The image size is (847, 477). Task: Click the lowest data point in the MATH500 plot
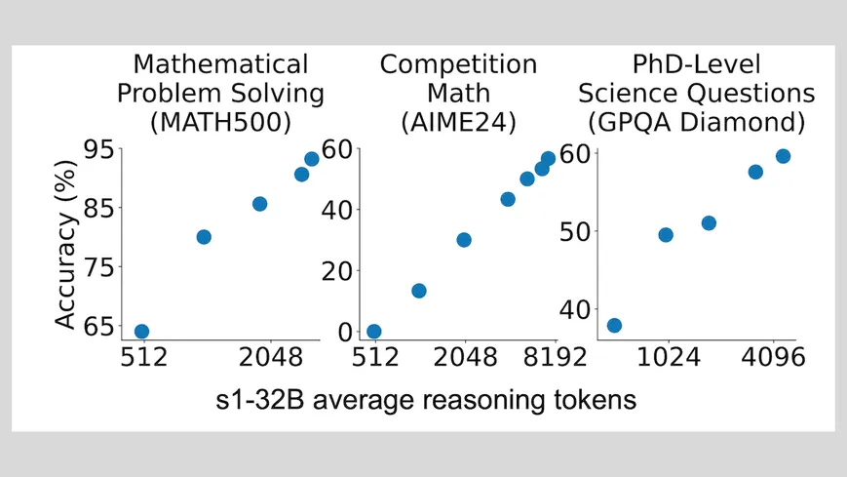pos(141,332)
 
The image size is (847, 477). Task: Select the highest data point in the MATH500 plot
pos(312,159)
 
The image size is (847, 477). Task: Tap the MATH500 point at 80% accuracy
pos(204,237)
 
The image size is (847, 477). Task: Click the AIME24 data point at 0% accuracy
pos(373,332)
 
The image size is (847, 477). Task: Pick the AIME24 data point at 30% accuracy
pos(464,240)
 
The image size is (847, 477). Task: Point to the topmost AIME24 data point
pos(548,158)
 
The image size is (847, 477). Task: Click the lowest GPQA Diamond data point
pos(614,325)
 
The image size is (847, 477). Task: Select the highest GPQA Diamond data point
pos(783,156)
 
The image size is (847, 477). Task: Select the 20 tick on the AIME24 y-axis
pos(337,271)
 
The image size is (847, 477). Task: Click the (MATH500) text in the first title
pos(220,123)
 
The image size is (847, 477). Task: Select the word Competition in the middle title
pos(458,65)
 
